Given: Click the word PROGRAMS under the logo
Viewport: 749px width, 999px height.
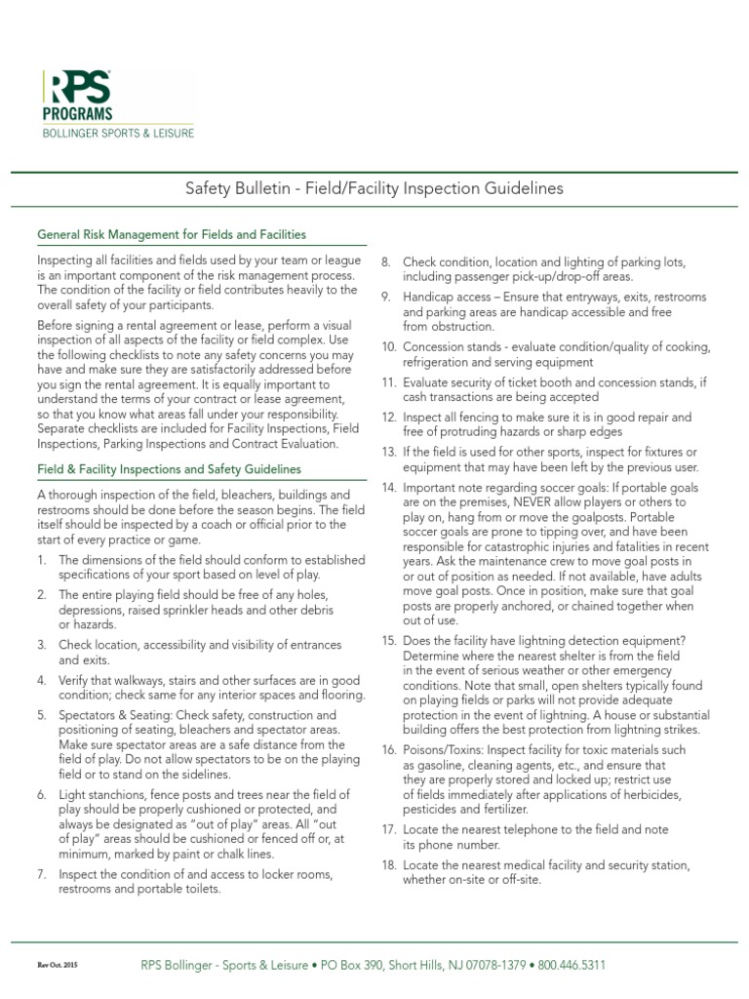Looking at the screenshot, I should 77,114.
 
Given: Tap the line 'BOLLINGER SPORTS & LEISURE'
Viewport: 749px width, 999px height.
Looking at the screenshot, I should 117,132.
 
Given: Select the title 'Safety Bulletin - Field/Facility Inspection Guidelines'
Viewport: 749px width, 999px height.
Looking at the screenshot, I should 374,187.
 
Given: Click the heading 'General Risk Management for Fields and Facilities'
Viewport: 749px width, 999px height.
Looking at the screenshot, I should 172,235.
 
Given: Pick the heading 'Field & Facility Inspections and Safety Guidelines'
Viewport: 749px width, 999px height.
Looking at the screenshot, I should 172,470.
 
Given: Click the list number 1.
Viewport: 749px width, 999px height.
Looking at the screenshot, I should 42,561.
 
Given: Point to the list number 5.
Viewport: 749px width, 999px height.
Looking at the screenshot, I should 42,715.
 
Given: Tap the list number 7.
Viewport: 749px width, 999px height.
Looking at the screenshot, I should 42,872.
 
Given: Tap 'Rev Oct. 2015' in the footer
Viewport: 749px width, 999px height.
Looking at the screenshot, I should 58,966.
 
